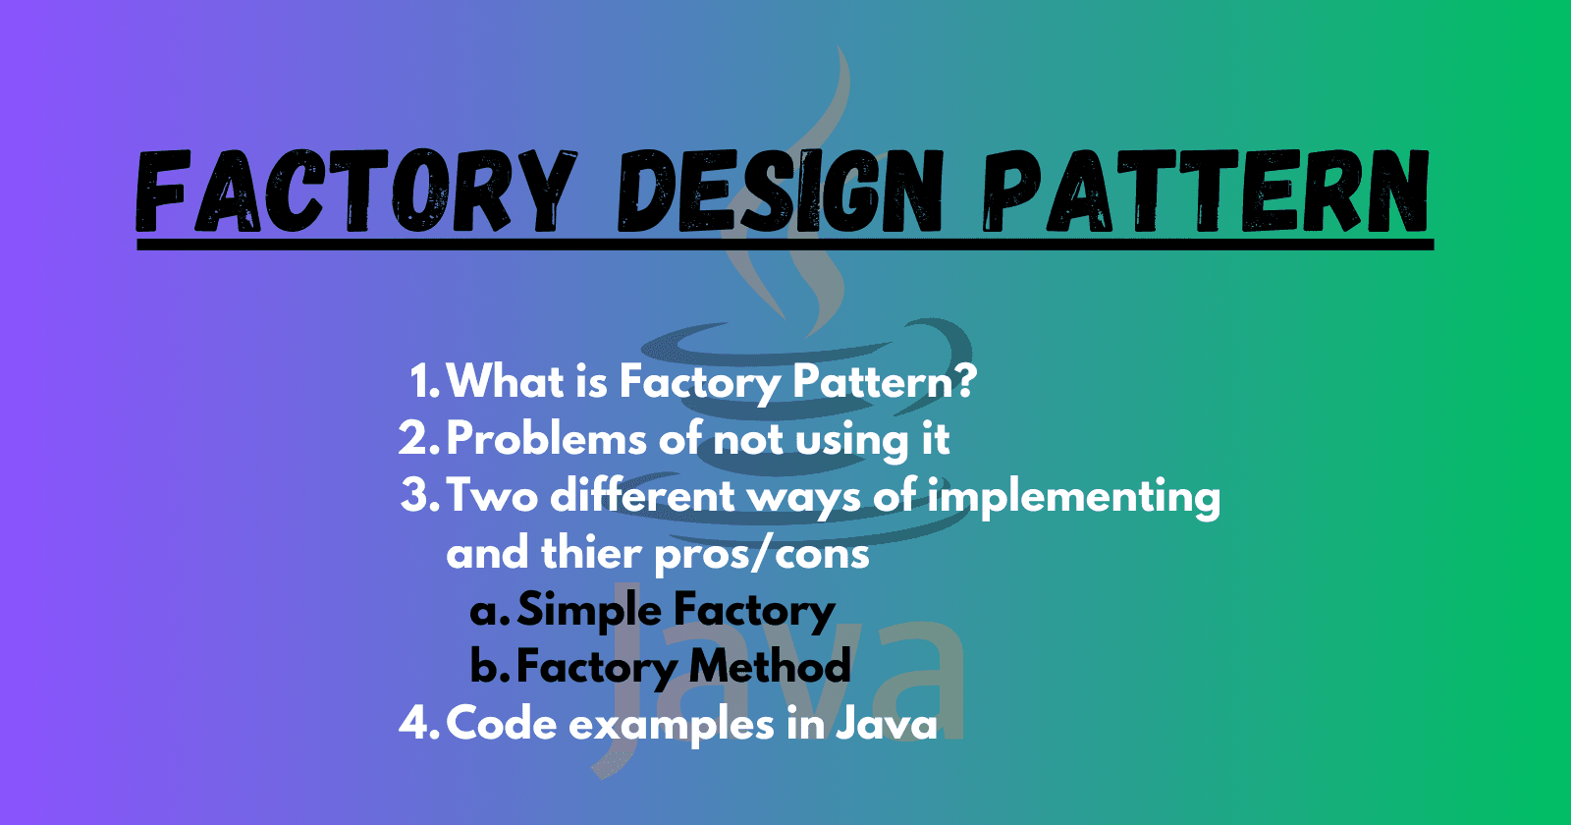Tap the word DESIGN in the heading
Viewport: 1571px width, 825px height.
(x=781, y=193)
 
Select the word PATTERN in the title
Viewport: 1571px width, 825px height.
(x=1206, y=193)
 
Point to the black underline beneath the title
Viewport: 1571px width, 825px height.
(x=785, y=243)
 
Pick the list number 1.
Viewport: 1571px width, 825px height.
(x=422, y=381)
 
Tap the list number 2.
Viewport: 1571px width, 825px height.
(x=416, y=438)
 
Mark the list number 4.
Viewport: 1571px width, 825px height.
(x=416, y=724)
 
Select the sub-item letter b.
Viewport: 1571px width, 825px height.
(x=486, y=667)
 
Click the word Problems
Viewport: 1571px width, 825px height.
(x=546, y=439)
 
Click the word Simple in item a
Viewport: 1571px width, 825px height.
(x=589, y=611)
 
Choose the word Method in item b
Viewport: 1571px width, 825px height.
(x=770, y=667)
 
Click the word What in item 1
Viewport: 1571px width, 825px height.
(x=506, y=381)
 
